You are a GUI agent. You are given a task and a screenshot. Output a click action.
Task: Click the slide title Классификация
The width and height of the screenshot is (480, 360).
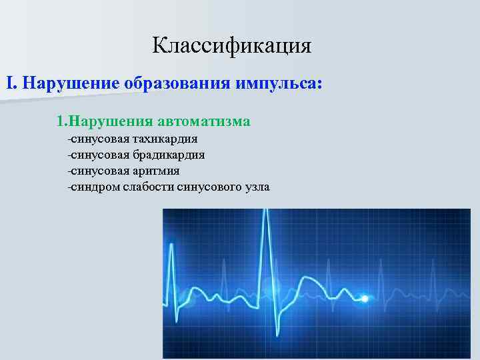232,45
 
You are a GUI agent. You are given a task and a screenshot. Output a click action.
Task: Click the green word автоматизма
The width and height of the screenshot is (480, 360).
204,121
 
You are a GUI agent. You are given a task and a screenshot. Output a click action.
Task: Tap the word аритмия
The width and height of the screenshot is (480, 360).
155,171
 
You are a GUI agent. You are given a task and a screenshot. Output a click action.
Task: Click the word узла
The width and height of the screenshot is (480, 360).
257,187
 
